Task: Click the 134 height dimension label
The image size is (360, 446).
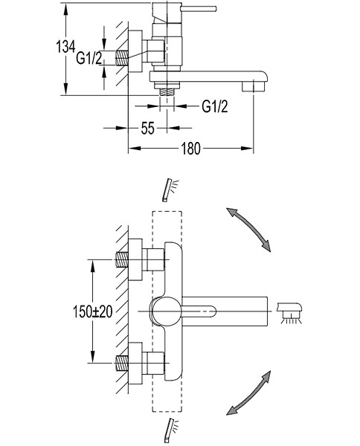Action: (x=65, y=46)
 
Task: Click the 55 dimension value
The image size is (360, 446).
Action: (x=148, y=129)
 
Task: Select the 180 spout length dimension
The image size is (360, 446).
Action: (x=190, y=149)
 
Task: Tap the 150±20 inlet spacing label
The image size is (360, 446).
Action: (x=93, y=311)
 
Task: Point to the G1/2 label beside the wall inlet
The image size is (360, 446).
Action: (x=89, y=58)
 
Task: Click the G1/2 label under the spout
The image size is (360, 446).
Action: (x=215, y=106)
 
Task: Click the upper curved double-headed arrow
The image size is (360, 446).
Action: (x=248, y=230)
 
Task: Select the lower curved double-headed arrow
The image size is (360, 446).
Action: (x=248, y=392)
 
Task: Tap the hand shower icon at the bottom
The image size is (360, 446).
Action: (x=170, y=429)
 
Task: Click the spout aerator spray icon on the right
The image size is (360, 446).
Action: (x=289, y=313)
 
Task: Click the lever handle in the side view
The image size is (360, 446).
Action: (x=199, y=9)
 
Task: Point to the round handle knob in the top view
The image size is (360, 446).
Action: (x=166, y=311)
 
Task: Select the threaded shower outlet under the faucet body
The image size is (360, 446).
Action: (x=167, y=92)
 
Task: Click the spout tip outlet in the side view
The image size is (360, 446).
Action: (x=254, y=86)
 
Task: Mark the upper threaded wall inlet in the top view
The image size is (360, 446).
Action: (x=122, y=259)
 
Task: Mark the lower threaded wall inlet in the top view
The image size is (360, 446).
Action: (x=122, y=363)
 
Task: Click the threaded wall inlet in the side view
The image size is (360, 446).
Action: (x=122, y=58)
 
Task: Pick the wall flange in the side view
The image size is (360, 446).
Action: (x=135, y=51)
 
